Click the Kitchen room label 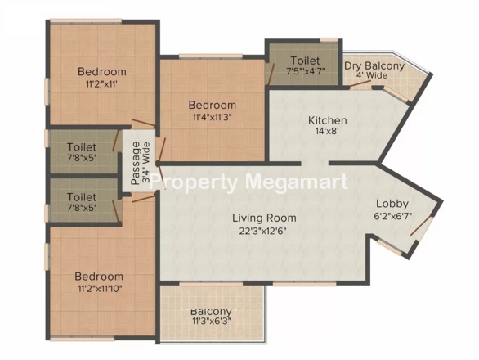[328, 120]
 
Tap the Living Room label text [264, 218]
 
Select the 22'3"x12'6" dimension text [264, 231]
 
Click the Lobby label [392, 204]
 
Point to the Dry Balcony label [374, 65]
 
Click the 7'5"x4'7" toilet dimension [305, 71]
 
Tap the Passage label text [136, 163]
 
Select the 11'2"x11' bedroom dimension [101, 84]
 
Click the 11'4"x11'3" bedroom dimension [212, 118]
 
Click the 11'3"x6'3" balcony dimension [211, 322]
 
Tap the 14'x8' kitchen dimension [328, 132]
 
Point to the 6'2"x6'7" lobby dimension [393, 216]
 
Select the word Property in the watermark [194, 183]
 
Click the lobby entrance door [422, 226]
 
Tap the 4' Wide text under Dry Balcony [372, 75]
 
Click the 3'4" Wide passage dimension [146, 163]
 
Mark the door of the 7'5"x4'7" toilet [271, 74]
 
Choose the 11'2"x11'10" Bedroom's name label [99, 277]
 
